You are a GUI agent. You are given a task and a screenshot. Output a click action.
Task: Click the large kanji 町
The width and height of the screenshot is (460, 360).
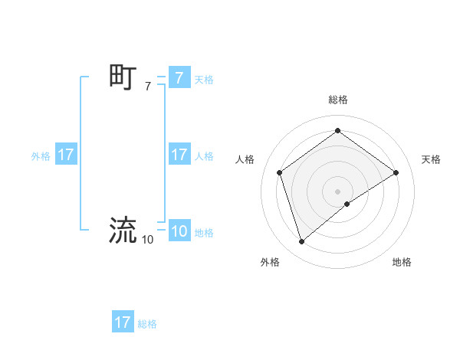[123, 77]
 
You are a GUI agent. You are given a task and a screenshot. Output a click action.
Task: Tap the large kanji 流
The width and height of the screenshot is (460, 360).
[123, 230]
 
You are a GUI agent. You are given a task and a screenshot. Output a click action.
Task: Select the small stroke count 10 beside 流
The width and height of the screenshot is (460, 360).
[147, 240]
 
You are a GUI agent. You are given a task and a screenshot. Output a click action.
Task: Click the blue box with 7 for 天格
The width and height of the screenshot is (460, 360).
[179, 78]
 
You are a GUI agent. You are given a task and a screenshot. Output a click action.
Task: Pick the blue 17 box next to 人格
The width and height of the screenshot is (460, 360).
[179, 155]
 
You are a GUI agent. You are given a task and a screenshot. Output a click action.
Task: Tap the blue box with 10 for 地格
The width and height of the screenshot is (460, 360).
[179, 231]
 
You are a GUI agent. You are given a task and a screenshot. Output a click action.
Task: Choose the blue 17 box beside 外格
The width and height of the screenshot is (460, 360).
[66, 155]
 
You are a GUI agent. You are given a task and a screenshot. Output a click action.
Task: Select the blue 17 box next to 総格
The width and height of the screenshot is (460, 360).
[123, 322]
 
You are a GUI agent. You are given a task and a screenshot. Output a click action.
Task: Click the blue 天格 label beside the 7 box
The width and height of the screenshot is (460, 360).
[204, 79]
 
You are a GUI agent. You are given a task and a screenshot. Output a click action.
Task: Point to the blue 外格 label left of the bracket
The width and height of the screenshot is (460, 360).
[41, 155]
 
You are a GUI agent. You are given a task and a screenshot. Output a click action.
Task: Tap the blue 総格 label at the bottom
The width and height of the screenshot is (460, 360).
[147, 324]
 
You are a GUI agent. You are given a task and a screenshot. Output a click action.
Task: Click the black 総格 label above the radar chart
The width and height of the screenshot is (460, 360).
[337, 100]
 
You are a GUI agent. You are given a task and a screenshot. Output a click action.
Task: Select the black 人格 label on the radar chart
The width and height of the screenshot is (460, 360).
[245, 159]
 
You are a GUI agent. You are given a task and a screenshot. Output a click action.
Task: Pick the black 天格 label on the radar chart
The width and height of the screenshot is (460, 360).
[431, 159]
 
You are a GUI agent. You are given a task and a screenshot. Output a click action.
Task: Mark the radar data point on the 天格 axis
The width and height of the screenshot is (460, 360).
[396, 172]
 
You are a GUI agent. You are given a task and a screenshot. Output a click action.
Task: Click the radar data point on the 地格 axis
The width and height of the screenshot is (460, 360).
[347, 204]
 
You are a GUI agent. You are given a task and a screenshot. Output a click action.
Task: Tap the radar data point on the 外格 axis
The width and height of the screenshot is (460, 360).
[301, 242]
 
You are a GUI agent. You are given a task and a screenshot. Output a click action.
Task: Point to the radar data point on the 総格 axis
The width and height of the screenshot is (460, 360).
[337, 130]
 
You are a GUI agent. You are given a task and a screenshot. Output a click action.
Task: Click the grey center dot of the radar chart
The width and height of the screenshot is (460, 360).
[337, 191]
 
